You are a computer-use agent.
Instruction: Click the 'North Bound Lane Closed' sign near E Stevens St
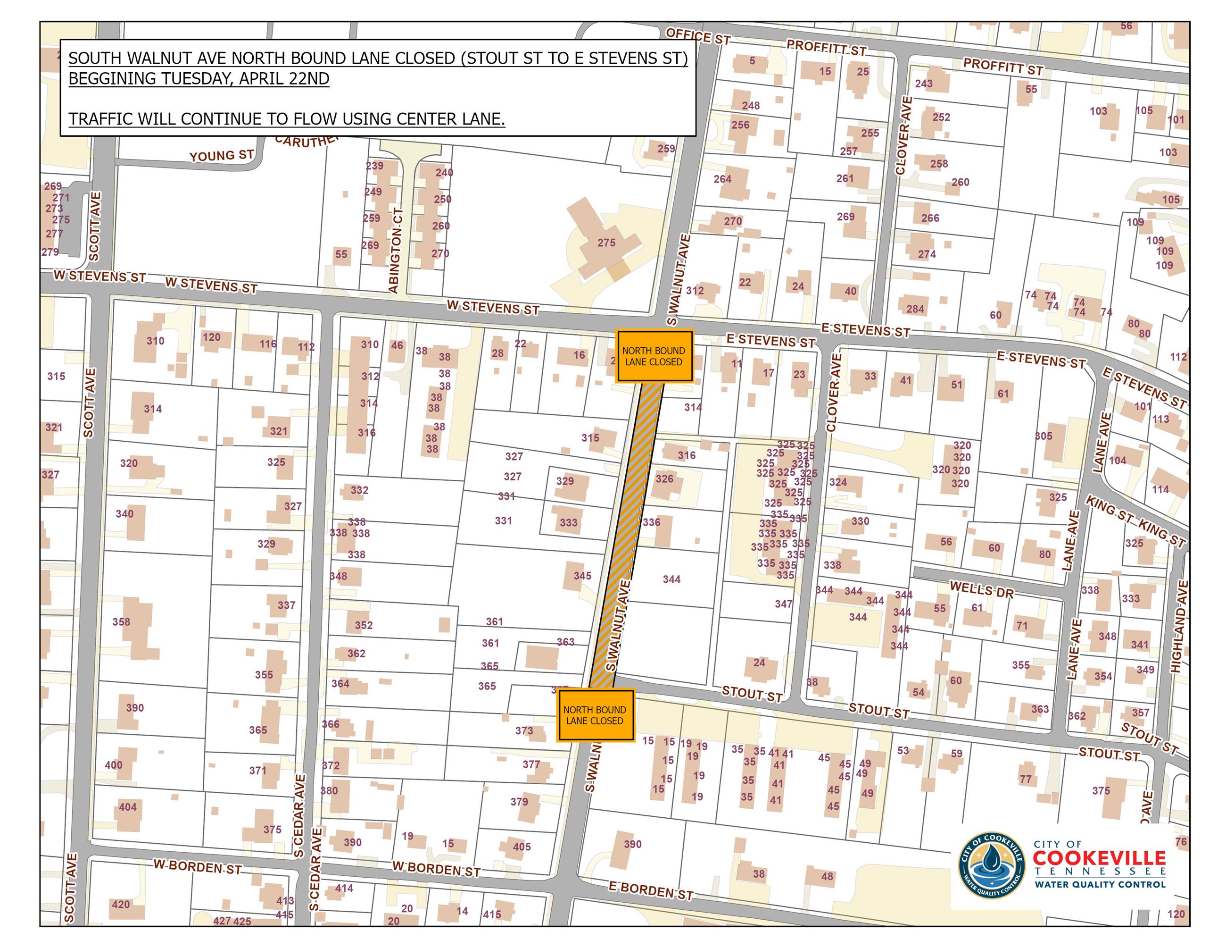point(654,356)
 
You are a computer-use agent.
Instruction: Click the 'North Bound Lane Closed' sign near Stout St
point(595,715)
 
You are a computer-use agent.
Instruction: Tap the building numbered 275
point(606,243)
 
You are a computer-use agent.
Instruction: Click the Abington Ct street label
point(395,251)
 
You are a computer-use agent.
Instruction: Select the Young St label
point(221,156)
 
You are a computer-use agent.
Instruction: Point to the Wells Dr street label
point(981,590)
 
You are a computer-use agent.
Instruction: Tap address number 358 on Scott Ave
point(121,622)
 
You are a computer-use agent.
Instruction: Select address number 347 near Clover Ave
point(784,604)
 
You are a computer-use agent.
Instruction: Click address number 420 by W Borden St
point(121,904)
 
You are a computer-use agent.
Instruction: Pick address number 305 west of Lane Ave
point(1044,436)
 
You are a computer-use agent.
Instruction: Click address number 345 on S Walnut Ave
point(582,576)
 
